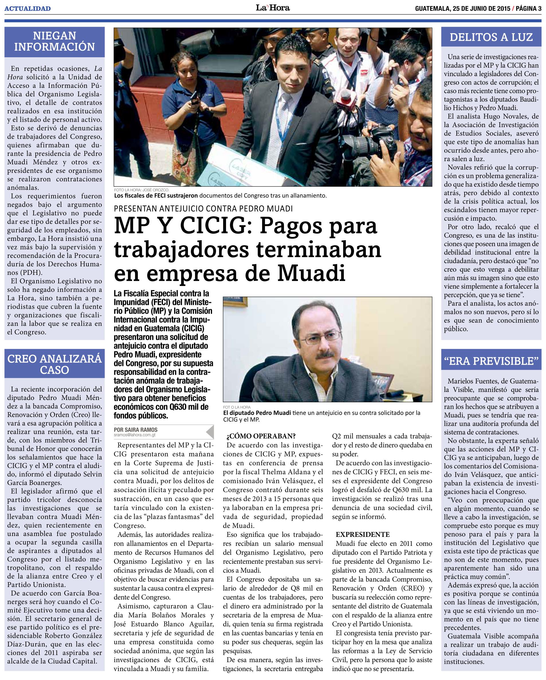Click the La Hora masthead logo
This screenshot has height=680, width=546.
(273, 8)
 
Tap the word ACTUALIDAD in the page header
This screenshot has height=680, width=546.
(28, 9)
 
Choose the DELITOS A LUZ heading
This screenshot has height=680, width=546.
(491, 37)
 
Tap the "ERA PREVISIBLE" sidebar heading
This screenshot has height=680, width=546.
(491, 361)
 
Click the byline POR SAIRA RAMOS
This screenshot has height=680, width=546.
(136, 429)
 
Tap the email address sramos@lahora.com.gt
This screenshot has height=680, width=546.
(135, 435)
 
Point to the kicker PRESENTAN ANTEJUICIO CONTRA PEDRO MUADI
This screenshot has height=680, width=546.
(203, 208)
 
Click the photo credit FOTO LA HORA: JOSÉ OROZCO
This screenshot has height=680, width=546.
(142, 190)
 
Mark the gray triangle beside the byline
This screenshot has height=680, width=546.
(210, 432)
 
